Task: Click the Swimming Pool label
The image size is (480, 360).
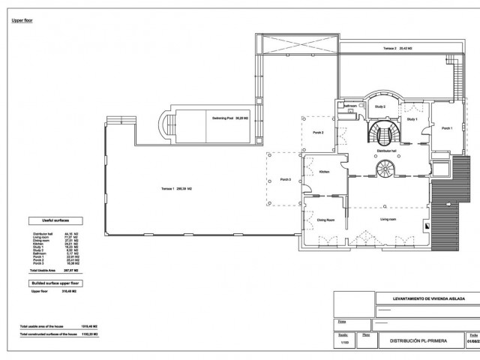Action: point(230,118)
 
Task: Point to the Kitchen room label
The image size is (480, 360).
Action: point(325,172)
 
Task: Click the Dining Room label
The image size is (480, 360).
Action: point(325,220)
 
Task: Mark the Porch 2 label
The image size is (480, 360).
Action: point(318,132)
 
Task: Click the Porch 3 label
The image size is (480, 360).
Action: point(286,180)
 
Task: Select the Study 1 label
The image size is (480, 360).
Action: point(412,119)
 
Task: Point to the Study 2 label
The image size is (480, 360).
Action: point(379,106)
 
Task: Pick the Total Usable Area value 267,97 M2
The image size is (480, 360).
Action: point(72,270)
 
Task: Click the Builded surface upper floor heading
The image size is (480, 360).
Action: point(55,283)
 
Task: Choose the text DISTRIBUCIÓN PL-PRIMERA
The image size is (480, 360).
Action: point(417,339)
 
